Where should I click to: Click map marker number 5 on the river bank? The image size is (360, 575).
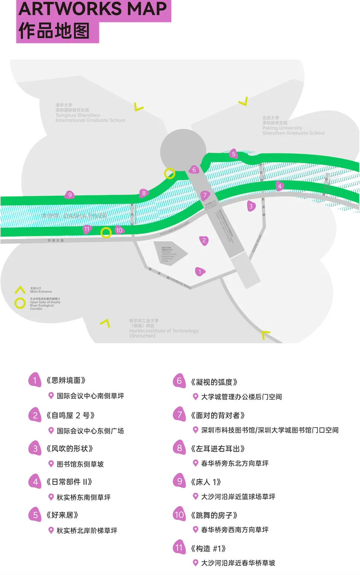point(234,154)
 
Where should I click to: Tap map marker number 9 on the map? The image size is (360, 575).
point(70,195)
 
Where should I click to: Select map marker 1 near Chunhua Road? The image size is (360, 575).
point(200,272)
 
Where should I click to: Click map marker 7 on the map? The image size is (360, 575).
point(205,195)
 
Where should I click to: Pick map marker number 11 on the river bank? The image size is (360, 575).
point(87,229)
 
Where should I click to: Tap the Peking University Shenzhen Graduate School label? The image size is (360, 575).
point(293,126)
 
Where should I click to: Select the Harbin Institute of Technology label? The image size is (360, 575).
point(164,329)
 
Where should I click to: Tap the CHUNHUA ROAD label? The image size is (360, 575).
point(180,283)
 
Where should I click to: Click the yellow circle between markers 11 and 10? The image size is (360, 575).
point(106,232)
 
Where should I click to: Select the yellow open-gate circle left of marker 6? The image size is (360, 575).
point(169,174)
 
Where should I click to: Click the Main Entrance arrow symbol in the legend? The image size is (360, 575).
point(20,290)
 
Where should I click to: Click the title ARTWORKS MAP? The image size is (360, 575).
point(93,9)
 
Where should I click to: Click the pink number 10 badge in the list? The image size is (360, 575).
point(179,515)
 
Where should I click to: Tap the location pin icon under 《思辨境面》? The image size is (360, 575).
point(51,396)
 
